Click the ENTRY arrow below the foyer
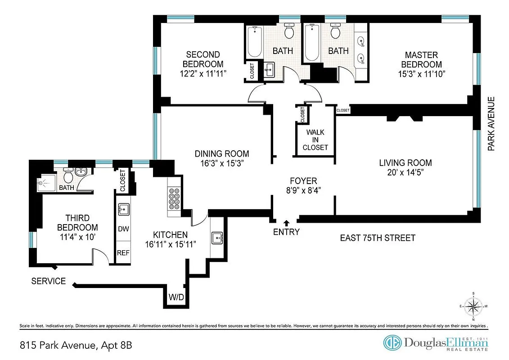point(286,222)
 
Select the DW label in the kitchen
point(123,229)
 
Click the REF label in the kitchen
point(123,253)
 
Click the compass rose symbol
point(473,307)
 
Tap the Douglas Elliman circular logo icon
point(392,342)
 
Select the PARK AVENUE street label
point(491,124)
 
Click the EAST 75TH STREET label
point(377,238)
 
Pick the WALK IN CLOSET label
point(315,140)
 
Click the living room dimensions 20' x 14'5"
point(405,172)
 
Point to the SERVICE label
point(48,282)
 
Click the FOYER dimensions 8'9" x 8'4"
point(303,190)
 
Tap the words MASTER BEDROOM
point(421,60)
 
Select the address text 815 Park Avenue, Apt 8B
point(76,346)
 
